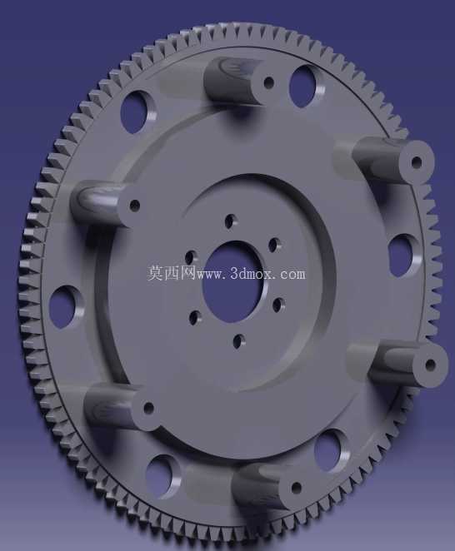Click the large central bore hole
pos(232,281)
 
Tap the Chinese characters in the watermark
pos(171,273)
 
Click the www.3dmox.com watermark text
pos(251,274)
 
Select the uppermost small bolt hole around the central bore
pos(230,221)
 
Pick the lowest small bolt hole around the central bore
pos(239,341)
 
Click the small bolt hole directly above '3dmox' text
pos(274,245)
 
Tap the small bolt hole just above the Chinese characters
pos(190,258)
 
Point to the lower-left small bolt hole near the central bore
pos(194,318)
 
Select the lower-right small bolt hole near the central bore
pos(279,305)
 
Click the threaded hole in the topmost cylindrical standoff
pos(268,83)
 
